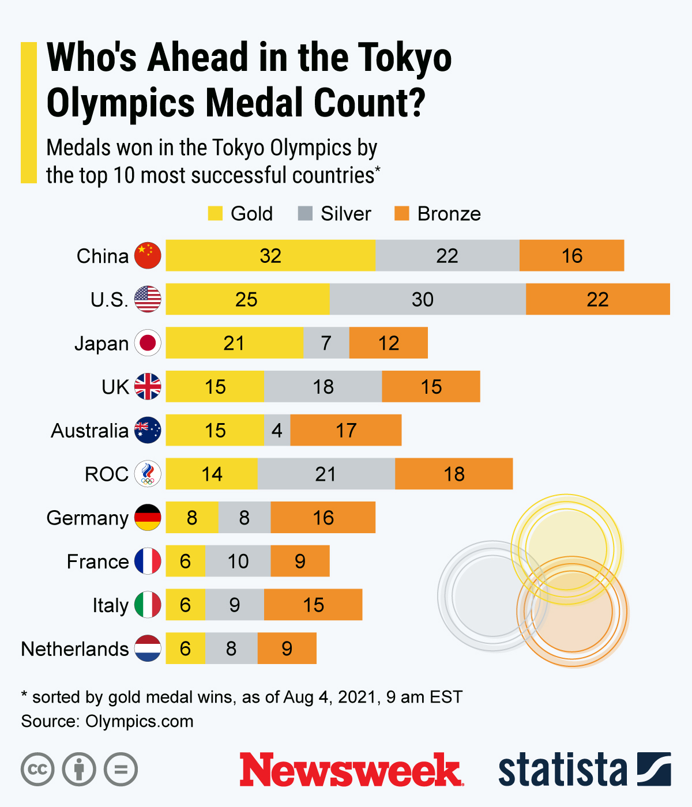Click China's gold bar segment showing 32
pyautogui.click(x=270, y=255)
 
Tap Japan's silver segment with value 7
pyautogui.click(x=326, y=343)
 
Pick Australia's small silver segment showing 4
pyautogui.click(x=277, y=430)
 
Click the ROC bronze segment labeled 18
pyautogui.click(x=454, y=474)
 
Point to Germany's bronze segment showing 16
pyautogui.click(x=323, y=518)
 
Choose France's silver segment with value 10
pyautogui.click(x=238, y=561)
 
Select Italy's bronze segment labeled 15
pyautogui.click(x=313, y=605)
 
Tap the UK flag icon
pyautogui.click(x=148, y=386)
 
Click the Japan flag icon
pyautogui.click(x=148, y=343)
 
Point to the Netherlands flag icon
pyautogui.click(x=148, y=648)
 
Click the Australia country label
pyautogui.click(x=89, y=431)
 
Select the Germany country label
pyautogui.click(x=87, y=518)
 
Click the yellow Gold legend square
pyautogui.click(x=215, y=213)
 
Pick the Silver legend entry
pyautogui.click(x=335, y=213)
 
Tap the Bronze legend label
pyautogui.click(x=449, y=213)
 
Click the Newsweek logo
pyautogui.click(x=351, y=770)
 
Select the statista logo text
pyautogui.click(x=562, y=770)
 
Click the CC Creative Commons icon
pyautogui.click(x=37, y=770)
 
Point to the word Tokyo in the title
pyautogui.click(x=404, y=58)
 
